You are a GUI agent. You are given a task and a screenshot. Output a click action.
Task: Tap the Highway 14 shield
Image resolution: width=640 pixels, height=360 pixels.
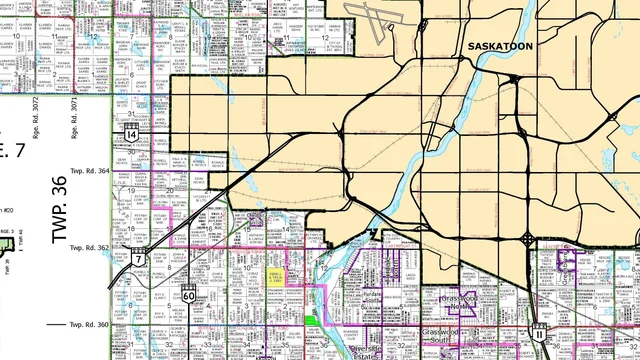tap(132, 133)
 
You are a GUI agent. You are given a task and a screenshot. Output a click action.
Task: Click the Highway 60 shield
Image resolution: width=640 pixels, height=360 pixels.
tap(189, 295)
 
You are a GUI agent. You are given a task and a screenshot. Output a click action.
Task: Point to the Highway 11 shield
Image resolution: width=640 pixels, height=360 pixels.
tap(539, 331)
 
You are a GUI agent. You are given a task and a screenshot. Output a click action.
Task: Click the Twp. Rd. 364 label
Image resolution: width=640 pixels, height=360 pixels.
tap(88, 171)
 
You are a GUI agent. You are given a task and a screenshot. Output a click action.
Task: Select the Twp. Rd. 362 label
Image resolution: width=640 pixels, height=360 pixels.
tap(88, 246)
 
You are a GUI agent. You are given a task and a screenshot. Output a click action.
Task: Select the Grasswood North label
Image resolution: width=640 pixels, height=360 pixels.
tap(462, 302)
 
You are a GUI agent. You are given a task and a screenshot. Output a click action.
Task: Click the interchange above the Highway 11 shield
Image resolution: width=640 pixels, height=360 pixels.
tap(527, 239)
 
